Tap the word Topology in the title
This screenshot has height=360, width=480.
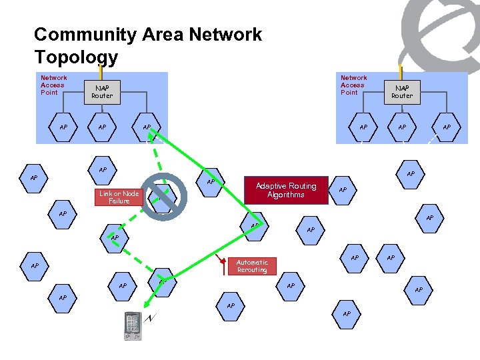click(x=75, y=57)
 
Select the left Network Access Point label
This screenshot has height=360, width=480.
click(x=53, y=85)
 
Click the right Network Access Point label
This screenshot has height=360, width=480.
click(x=353, y=85)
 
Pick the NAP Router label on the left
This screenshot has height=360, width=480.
click(x=102, y=91)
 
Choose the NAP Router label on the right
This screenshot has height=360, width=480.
click(x=402, y=91)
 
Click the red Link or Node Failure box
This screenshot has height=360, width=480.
click(x=119, y=197)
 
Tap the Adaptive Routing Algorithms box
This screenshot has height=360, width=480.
click(x=286, y=190)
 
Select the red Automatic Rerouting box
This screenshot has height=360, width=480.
click(x=252, y=266)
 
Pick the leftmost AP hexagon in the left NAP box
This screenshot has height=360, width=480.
click(x=64, y=127)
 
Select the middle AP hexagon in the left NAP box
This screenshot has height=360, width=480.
click(x=102, y=127)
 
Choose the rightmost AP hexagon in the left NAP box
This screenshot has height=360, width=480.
click(x=146, y=127)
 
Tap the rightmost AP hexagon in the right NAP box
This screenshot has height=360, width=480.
click(x=446, y=127)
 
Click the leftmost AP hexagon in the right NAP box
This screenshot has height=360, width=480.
click(x=363, y=127)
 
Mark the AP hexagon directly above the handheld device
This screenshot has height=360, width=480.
click(x=162, y=283)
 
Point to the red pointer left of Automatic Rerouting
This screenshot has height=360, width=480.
click(x=223, y=266)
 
